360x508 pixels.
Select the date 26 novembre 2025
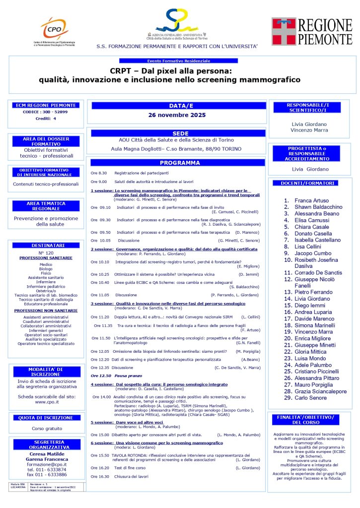177,115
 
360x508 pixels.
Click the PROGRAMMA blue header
177,163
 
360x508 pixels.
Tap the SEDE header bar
177,134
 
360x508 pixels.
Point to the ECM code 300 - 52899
45,112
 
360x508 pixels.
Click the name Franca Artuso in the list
312,200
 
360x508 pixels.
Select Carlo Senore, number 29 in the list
311,398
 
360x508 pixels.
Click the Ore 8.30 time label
99,173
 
